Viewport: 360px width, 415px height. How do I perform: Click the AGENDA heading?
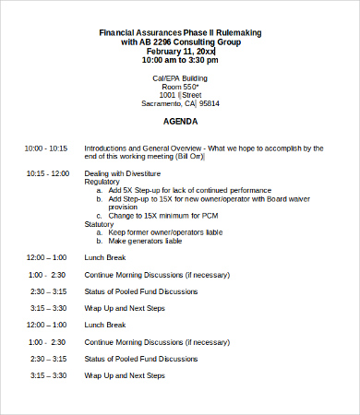pyautogui.click(x=180, y=121)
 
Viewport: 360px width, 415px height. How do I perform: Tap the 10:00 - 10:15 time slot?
pyautogui.click(x=46, y=148)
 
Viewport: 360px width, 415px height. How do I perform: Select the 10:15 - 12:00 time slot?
pyautogui.click(x=48, y=173)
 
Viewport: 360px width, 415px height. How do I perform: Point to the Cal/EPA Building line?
pyautogui.click(x=180, y=77)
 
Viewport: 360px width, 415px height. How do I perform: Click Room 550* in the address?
pyautogui.click(x=180, y=86)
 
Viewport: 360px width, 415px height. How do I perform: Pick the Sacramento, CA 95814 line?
pyautogui.click(x=180, y=103)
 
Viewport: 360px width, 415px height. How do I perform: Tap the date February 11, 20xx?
pyautogui.click(x=180, y=51)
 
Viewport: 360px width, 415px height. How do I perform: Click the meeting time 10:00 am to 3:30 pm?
pyautogui.click(x=180, y=60)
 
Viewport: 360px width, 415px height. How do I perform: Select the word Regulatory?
pyautogui.click(x=102, y=182)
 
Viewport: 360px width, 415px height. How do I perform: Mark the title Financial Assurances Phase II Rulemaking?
pyautogui.click(x=180, y=33)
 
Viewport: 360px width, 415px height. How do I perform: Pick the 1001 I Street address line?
pyautogui.click(x=180, y=95)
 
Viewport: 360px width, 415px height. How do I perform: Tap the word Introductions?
pyautogui.click(x=108, y=148)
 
